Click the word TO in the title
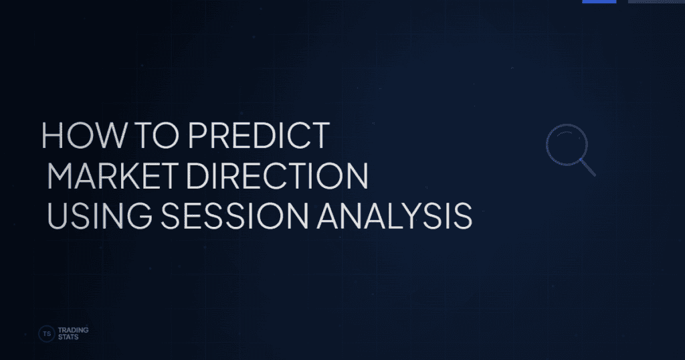[x=150, y=136]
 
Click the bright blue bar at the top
[x=599, y=1]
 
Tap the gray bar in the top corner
[x=656, y=1]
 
